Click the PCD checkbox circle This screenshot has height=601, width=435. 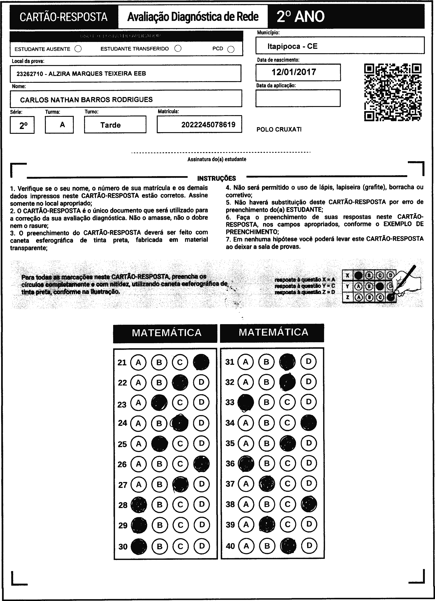click(x=231, y=50)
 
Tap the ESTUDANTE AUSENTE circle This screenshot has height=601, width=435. click(x=78, y=49)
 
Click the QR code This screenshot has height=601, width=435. click(x=393, y=92)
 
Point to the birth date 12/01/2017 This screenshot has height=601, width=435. click(x=294, y=72)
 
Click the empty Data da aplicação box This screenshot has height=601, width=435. click(x=298, y=98)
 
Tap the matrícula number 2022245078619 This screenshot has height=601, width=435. click(x=208, y=125)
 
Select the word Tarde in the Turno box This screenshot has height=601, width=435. click(x=111, y=125)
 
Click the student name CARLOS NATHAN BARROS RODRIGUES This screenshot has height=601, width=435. click(x=86, y=100)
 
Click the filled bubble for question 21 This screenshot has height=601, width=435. click(x=201, y=362)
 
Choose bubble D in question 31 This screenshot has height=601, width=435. click(x=309, y=361)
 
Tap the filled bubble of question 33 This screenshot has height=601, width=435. click(x=246, y=403)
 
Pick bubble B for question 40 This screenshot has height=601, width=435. click(x=267, y=546)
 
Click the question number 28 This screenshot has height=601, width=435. click(x=123, y=505)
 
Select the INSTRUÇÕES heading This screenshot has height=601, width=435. click(x=216, y=178)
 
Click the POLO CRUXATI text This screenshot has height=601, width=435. click(x=279, y=130)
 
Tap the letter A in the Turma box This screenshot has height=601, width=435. click(x=62, y=125)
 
